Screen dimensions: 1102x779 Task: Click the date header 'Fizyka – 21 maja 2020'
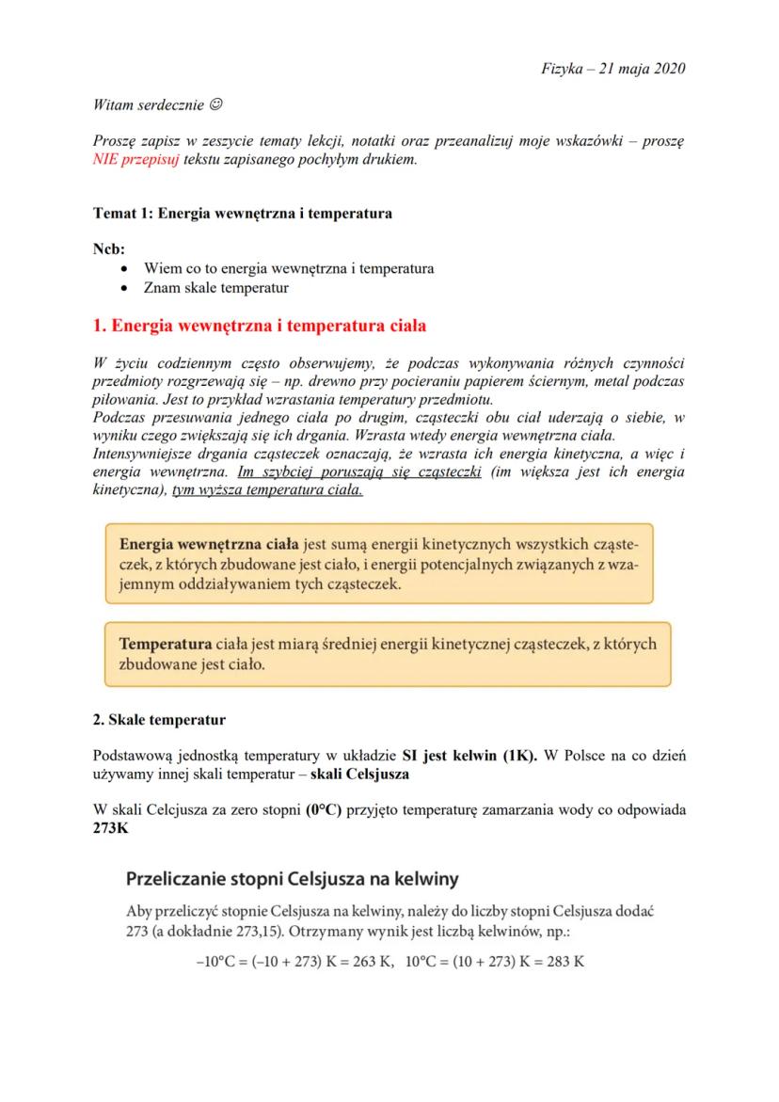tap(613, 69)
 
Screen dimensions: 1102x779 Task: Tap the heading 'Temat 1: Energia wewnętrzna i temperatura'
tap(243, 214)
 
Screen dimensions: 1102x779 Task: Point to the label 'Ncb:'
tap(109, 248)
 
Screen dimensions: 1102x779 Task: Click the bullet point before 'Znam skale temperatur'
tap(126, 288)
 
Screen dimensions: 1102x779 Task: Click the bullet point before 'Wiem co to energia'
tap(126, 269)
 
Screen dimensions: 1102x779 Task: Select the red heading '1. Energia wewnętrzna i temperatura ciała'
tap(260, 327)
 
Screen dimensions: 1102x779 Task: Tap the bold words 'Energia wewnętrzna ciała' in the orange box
tap(209, 545)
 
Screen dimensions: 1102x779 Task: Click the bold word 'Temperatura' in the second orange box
tap(165, 645)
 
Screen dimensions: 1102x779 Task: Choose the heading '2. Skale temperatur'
tap(159, 721)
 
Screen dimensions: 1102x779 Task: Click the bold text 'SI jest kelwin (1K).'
tap(469, 756)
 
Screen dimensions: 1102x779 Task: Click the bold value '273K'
tap(111, 828)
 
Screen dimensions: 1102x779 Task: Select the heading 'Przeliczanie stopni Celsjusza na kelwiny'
tap(293, 879)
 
